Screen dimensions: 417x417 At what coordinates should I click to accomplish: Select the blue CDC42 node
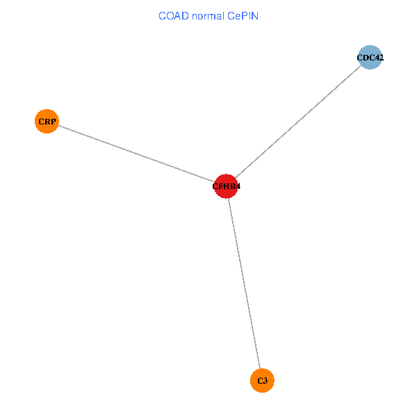coord(370,58)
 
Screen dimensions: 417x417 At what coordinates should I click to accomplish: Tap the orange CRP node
coord(47,122)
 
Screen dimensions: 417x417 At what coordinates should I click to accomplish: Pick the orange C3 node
coord(262,380)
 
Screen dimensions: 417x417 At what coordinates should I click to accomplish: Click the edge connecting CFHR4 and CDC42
coord(299,122)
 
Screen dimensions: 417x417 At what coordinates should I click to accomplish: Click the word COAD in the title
coord(173,16)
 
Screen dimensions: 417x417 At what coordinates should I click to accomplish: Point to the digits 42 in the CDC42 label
coord(379,58)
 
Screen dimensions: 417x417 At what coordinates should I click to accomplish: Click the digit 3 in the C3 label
coord(265,381)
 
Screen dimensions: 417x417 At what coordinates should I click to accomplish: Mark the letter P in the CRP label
coord(54,122)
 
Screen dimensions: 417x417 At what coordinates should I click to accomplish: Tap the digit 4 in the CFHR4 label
coord(238,186)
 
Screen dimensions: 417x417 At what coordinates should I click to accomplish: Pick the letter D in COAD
coord(183,16)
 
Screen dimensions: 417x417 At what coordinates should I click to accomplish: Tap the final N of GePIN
coord(255,16)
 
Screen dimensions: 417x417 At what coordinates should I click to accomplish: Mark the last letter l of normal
coord(221,16)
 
